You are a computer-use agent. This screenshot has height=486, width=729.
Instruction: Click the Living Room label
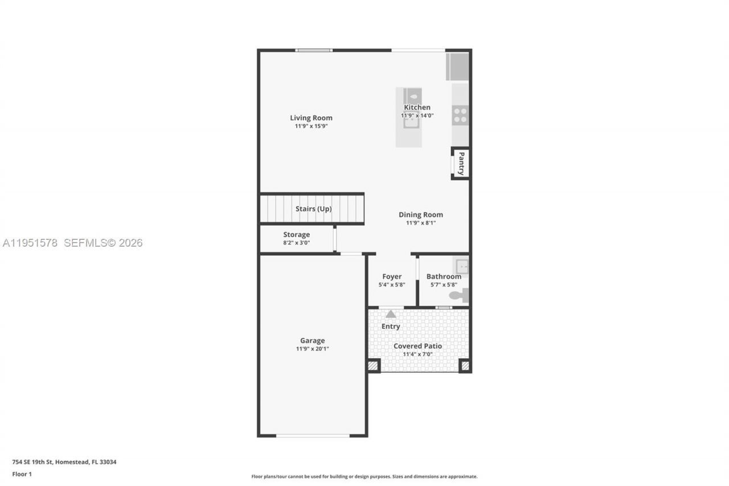tap(311, 118)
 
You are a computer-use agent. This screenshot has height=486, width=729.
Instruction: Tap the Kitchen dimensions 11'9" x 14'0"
tap(417, 116)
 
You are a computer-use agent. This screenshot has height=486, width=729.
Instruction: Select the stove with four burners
tap(460, 115)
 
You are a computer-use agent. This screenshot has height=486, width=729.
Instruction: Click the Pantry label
tap(461, 164)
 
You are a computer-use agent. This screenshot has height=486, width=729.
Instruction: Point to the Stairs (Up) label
tap(313, 209)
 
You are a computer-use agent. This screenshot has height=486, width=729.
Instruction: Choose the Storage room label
tap(296, 235)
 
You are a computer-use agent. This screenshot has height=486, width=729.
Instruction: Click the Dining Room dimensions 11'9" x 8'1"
tap(420, 223)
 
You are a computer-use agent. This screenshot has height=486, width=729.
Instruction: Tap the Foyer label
tap(392, 276)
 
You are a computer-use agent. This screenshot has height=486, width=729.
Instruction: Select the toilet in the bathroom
tap(458, 295)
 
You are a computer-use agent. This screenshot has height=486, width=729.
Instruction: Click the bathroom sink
tap(461, 266)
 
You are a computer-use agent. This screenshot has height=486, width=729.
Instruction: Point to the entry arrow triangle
tap(391, 314)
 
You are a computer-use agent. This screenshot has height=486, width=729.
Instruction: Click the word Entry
tap(391, 326)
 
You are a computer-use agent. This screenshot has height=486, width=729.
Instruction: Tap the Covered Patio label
tap(417, 346)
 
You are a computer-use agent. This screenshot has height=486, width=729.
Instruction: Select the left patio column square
tap(373, 366)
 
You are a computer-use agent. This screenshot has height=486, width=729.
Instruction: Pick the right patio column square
tap(465, 366)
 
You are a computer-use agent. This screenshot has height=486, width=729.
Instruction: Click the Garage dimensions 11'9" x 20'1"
tap(312, 349)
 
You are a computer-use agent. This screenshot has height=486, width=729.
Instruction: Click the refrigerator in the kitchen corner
tap(457, 67)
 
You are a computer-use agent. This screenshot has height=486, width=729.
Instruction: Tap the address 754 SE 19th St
tap(64, 462)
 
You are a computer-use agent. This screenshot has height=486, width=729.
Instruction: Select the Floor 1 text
tap(22, 474)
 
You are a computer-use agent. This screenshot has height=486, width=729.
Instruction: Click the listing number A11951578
tap(30, 243)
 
